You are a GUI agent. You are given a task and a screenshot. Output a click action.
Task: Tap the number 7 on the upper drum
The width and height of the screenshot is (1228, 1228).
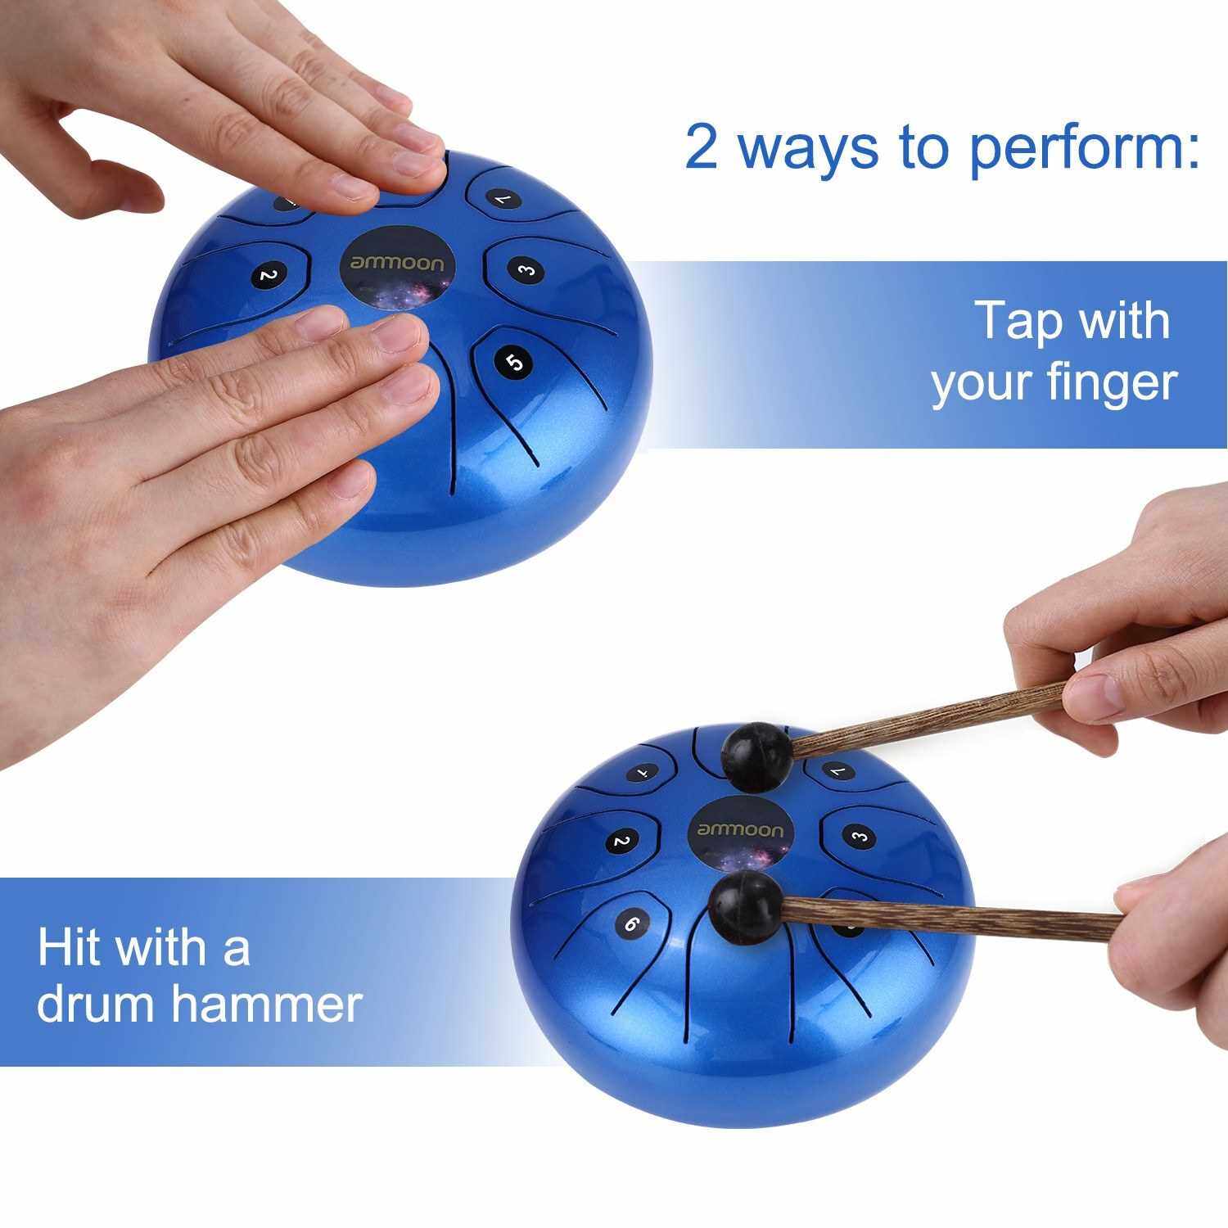499,198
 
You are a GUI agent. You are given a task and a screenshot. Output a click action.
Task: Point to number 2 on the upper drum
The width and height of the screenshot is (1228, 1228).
264,276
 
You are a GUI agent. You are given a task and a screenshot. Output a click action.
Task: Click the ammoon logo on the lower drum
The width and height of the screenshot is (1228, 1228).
741,829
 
